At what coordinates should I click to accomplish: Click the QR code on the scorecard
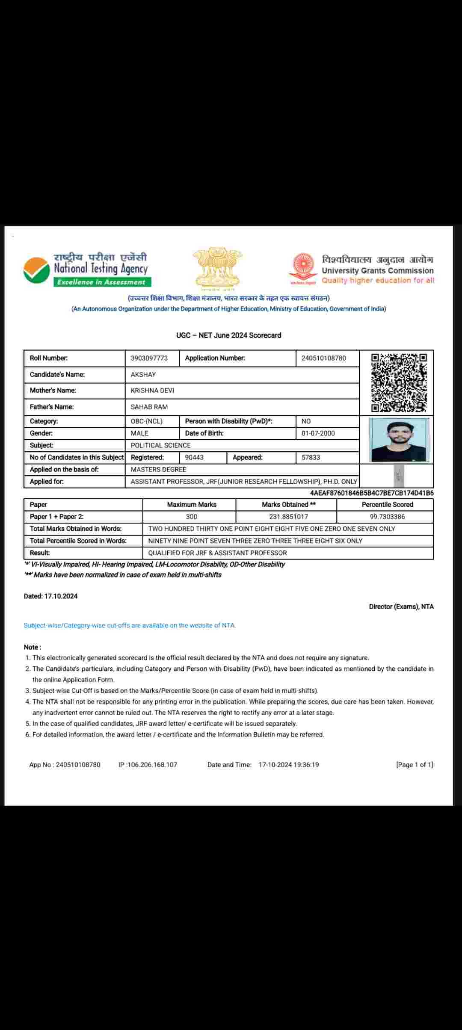(x=399, y=382)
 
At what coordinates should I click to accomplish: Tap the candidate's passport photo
(x=399, y=440)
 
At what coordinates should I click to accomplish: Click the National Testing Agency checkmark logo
(x=36, y=270)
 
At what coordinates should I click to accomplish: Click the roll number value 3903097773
(x=149, y=358)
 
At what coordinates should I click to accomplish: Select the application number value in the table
(x=323, y=358)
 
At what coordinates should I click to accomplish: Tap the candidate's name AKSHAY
(x=143, y=374)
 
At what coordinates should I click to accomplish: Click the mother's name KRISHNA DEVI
(x=152, y=391)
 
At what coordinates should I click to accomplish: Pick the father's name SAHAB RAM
(x=149, y=407)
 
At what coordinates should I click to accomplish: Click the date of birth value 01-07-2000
(x=318, y=433)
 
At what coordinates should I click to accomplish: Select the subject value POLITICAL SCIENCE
(x=160, y=445)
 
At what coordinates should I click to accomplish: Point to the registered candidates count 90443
(x=194, y=457)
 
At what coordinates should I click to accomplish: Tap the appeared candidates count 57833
(x=311, y=457)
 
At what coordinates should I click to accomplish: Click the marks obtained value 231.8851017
(x=288, y=517)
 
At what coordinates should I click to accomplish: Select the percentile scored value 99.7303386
(x=387, y=517)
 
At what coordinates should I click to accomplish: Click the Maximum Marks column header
(x=192, y=505)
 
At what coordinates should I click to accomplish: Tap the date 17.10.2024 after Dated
(x=61, y=596)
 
